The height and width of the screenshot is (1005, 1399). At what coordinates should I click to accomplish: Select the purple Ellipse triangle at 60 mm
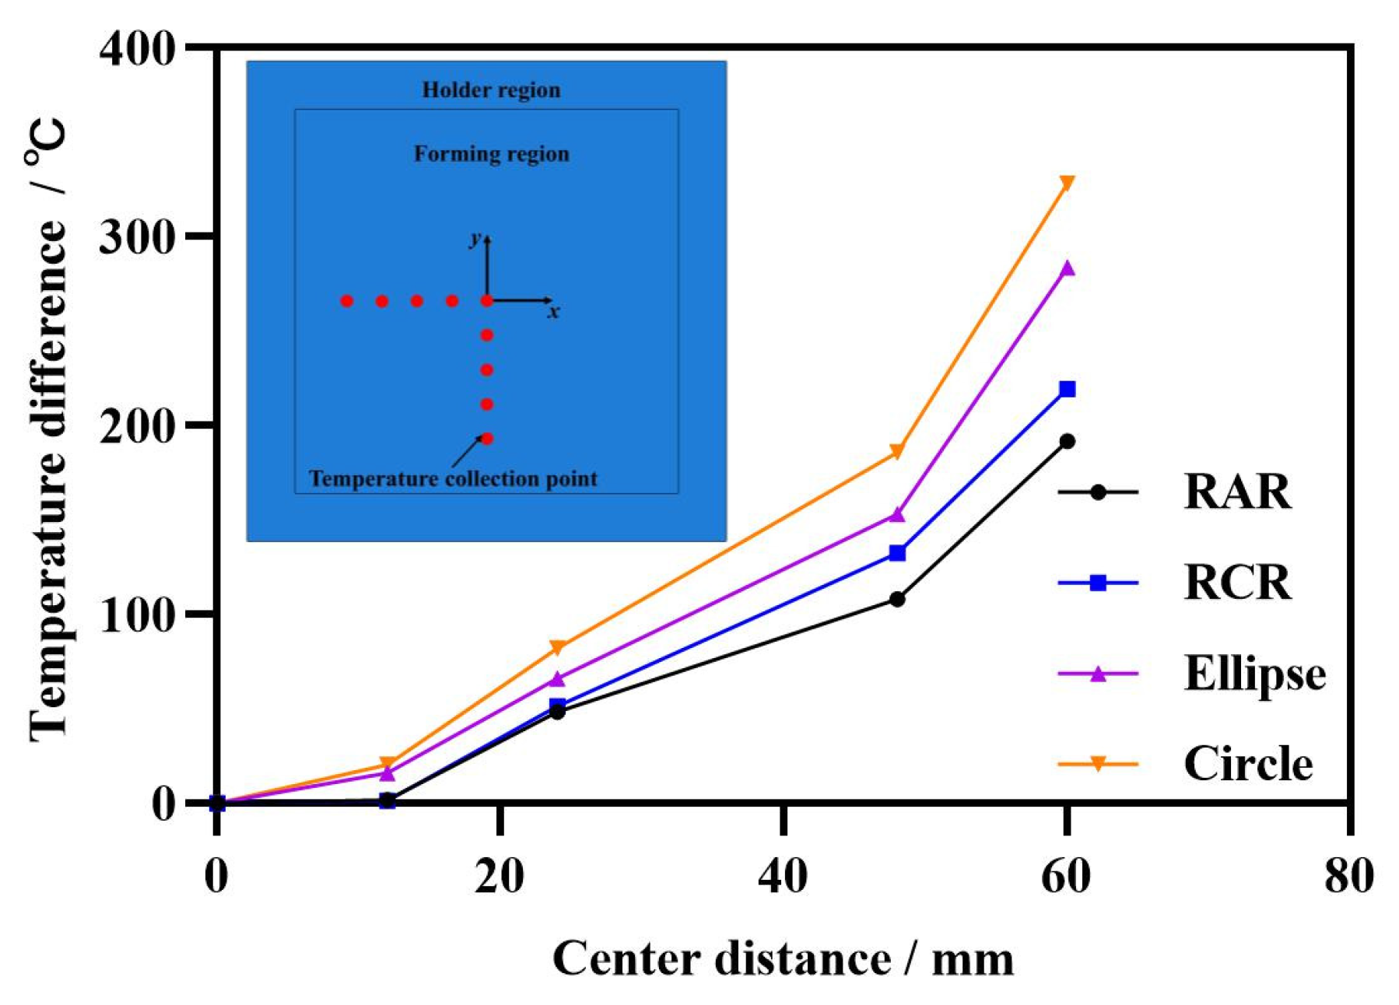pyautogui.click(x=1067, y=269)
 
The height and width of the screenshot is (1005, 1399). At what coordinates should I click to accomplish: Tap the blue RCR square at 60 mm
pyautogui.click(x=1067, y=389)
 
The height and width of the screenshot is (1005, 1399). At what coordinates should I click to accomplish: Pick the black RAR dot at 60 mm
pyautogui.click(x=1067, y=441)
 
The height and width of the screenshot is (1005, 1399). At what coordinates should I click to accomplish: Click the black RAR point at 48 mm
pyautogui.click(x=896, y=598)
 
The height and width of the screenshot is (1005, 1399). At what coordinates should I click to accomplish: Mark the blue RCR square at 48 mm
pyautogui.click(x=896, y=553)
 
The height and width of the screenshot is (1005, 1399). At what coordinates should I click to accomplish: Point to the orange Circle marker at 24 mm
pyautogui.click(x=557, y=647)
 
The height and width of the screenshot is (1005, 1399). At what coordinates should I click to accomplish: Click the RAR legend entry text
pyautogui.click(x=1236, y=492)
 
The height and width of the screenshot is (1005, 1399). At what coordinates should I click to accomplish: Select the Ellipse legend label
pyautogui.click(x=1253, y=673)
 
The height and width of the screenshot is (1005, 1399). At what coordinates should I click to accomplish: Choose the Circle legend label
pyautogui.click(x=1247, y=764)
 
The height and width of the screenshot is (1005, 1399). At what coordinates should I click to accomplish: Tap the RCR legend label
pyautogui.click(x=1236, y=582)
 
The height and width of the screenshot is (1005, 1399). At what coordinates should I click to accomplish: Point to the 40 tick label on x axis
pyautogui.click(x=783, y=876)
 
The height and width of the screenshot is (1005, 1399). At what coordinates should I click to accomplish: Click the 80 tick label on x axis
pyautogui.click(x=1348, y=876)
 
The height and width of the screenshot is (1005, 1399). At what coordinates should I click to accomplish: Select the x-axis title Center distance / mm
pyautogui.click(x=783, y=958)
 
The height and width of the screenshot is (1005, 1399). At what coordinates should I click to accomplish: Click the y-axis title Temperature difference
pyautogui.click(x=48, y=428)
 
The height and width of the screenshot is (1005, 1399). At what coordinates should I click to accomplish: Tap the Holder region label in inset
pyautogui.click(x=491, y=90)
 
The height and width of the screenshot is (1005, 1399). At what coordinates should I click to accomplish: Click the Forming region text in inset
pyautogui.click(x=491, y=154)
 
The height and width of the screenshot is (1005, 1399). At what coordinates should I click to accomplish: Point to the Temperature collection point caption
pyautogui.click(x=453, y=478)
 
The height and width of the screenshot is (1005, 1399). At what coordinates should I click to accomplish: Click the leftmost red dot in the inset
pyautogui.click(x=347, y=301)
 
